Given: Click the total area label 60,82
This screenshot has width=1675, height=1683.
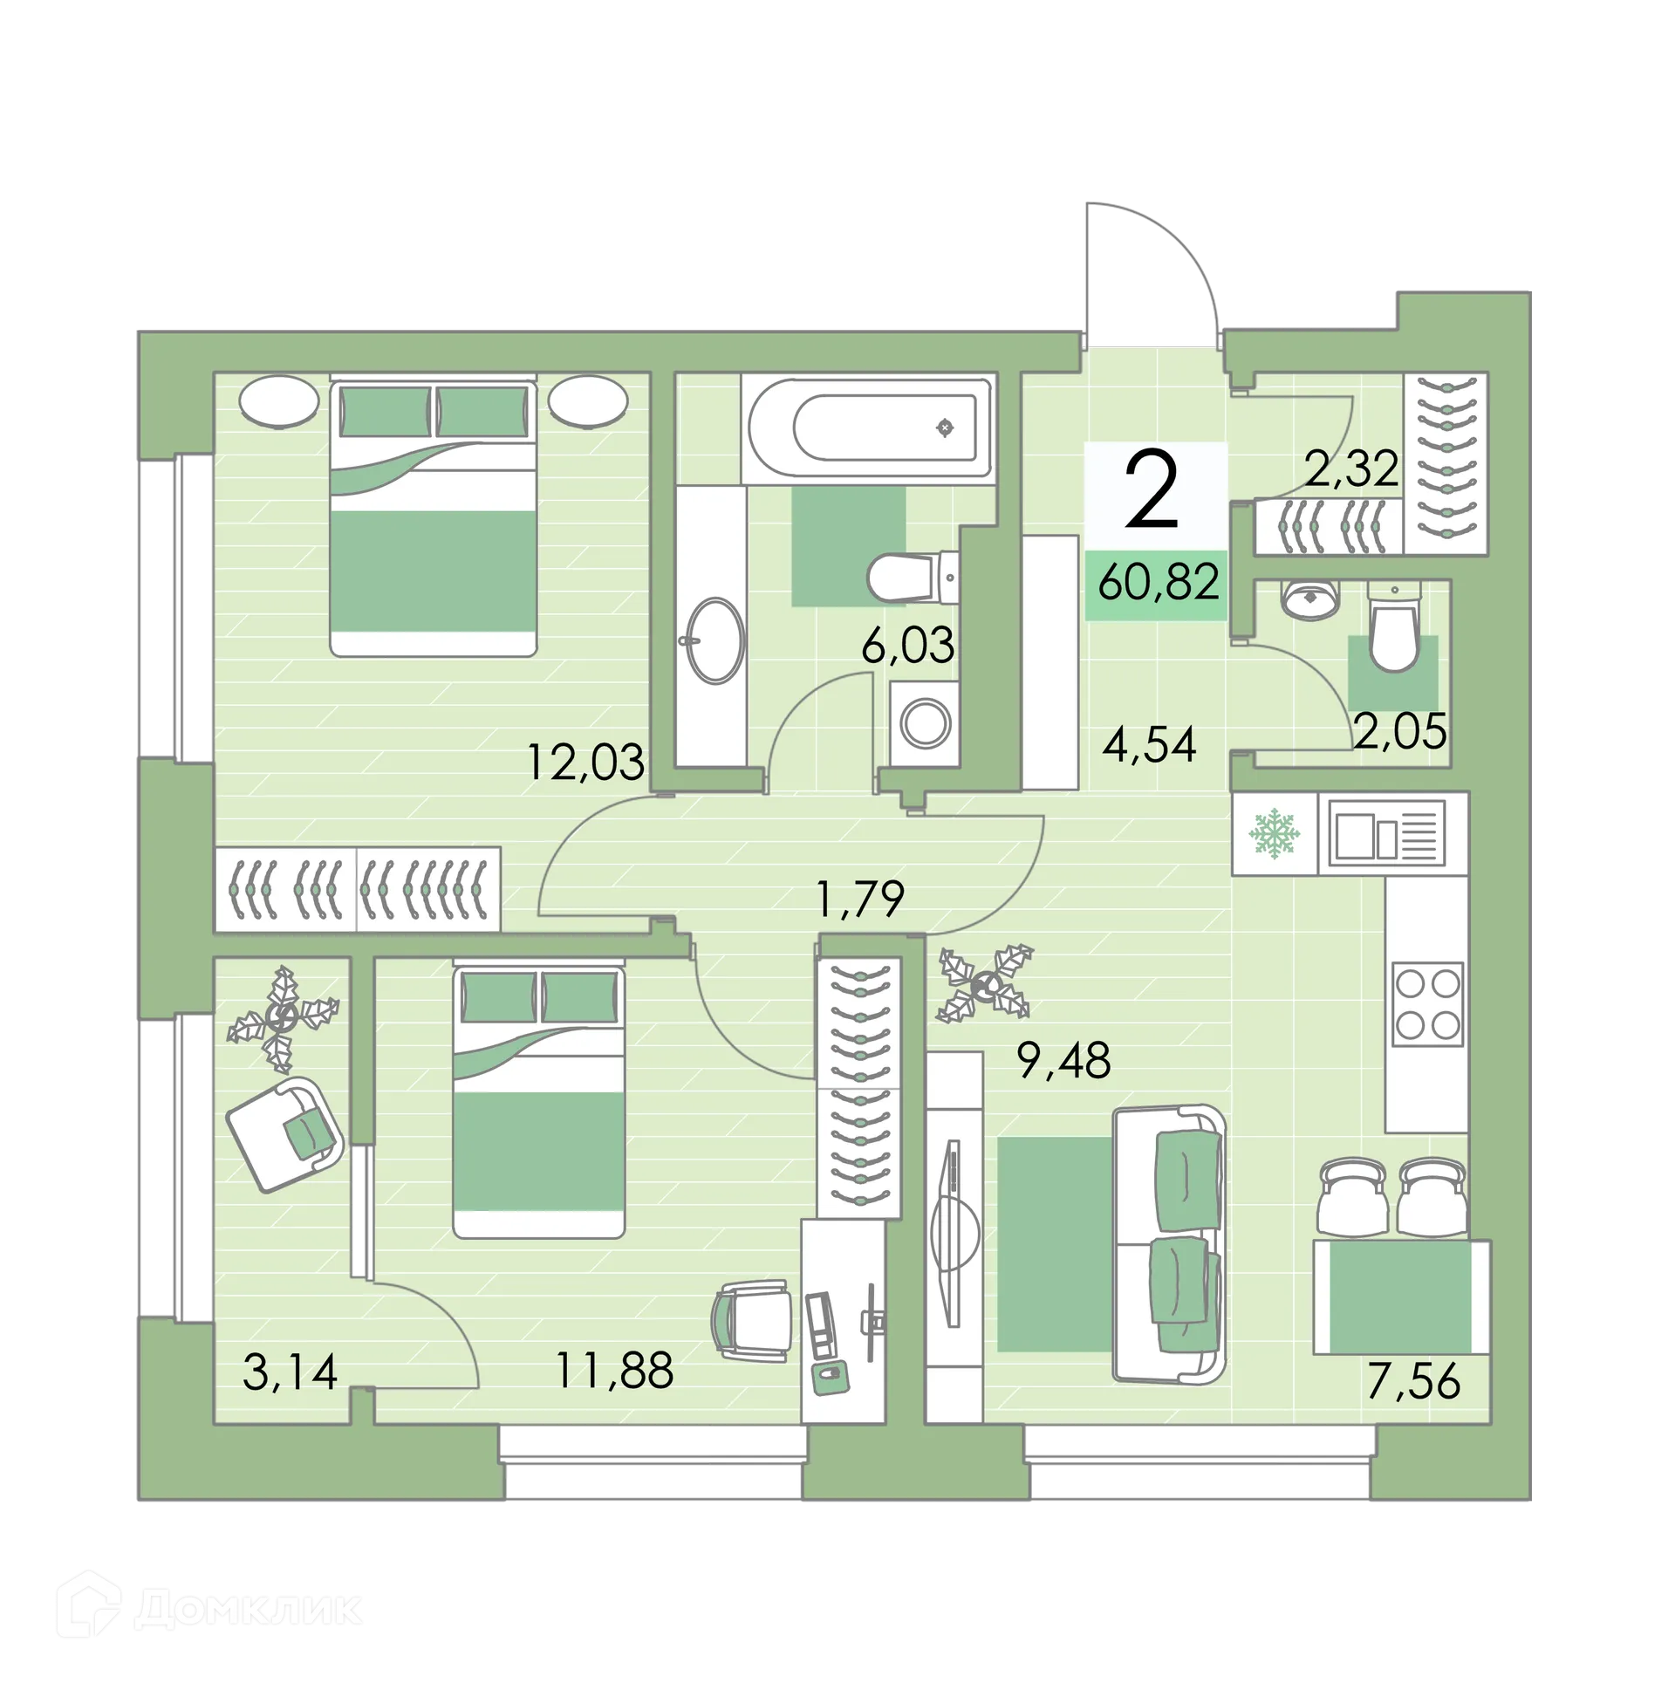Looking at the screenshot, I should pos(1158,583).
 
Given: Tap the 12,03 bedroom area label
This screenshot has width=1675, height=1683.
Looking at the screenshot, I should pos(585,761).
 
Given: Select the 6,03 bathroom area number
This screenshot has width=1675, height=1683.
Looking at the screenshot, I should pos(907,647).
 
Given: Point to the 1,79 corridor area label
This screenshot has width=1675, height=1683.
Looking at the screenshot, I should pos(859,900).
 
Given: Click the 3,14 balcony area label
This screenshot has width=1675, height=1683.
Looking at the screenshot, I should pos(290,1371).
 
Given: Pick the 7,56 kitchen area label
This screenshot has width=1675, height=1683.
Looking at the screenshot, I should pos(1413,1381).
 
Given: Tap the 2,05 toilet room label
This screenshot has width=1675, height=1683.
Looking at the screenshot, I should pos(1400,730).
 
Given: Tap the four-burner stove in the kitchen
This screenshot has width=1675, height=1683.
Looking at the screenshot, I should pos(1427,1003).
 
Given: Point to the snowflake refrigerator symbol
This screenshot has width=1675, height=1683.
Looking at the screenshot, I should pos(1275,833).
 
